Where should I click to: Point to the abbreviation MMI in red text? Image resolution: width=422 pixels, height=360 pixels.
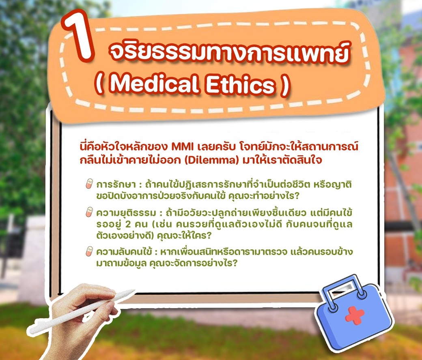click(183, 147)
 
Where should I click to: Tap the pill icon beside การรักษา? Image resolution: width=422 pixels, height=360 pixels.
click(89, 184)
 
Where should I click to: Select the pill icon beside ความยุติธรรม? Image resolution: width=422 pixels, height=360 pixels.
click(89, 212)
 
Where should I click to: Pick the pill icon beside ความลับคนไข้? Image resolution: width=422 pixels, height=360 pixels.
click(89, 251)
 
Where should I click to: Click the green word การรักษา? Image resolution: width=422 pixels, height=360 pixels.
click(116, 185)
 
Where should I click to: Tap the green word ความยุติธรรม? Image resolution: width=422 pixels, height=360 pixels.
click(126, 213)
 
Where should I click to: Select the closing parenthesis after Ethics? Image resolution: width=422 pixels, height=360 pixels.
click(285, 86)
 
